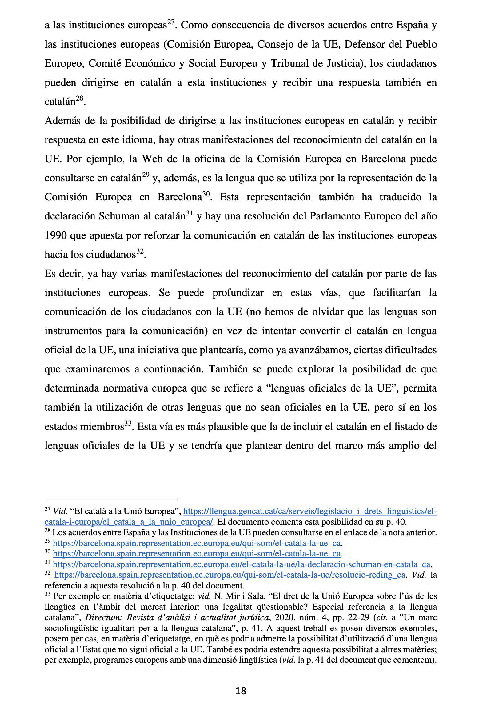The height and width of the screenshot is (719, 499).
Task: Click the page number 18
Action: point(241,691)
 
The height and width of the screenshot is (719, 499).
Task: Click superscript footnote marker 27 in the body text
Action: point(171,22)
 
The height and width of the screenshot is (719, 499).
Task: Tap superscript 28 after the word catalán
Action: point(80,98)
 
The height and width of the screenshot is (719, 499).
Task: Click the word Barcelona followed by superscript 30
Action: point(179,197)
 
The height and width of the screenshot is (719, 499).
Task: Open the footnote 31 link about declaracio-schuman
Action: point(242,564)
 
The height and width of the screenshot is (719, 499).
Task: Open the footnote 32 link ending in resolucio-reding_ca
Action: point(230,575)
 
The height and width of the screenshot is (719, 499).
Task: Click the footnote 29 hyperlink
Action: point(197,543)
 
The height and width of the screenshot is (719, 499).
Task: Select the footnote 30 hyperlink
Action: point(197,554)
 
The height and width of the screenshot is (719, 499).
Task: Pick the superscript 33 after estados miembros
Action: point(128,424)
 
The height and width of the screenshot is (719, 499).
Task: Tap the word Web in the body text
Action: point(152,159)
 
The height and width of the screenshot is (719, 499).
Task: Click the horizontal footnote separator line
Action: point(111,500)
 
